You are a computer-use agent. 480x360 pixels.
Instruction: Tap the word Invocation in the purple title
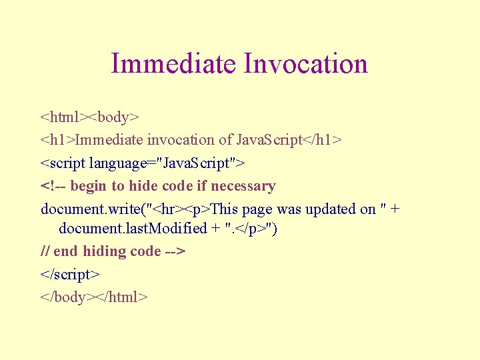306,64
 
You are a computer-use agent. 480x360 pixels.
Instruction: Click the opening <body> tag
115,117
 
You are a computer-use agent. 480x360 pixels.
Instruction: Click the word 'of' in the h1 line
226,140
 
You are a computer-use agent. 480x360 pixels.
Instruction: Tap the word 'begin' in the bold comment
89,186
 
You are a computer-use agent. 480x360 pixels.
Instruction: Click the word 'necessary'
243,186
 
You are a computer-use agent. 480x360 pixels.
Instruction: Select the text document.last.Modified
133,229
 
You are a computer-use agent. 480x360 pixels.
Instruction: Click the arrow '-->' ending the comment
175,251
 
